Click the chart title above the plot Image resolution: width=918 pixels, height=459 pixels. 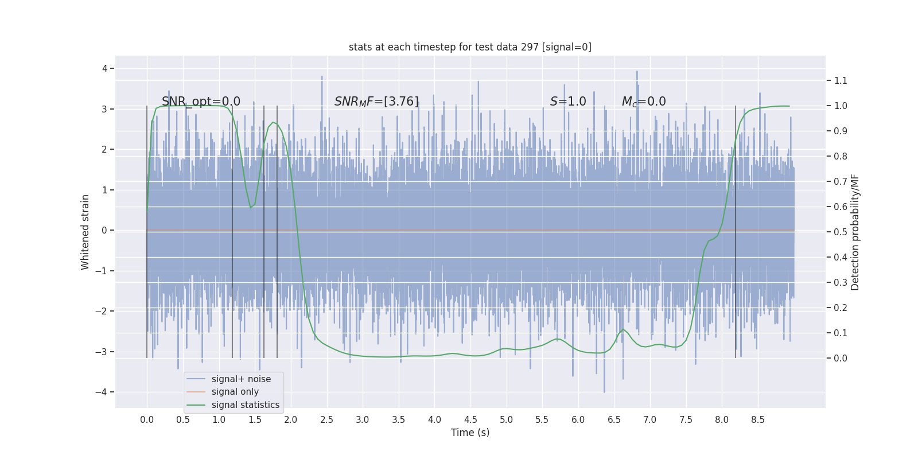pyautogui.click(x=470, y=47)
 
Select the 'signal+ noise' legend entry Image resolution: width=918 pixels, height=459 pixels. pyautogui.click(x=241, y=379)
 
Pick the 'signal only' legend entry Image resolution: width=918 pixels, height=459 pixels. pyautogui.click(x=235, y=392)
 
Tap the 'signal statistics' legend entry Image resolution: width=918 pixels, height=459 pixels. pyautogui.click(x=245, y=405)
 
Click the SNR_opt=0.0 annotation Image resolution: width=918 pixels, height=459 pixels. pyautogui.click(x=201, y=102)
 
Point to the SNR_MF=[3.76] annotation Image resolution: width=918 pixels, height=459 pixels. pyautogui.click(x=376, y=102)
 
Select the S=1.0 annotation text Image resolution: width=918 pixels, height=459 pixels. pyautogui.click(x=568, y=102)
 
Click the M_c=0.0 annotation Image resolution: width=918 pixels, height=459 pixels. pyautogui.click(x=644, y=102)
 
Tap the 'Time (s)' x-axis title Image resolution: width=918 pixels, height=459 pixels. pyautogui.click(x=470, y=433)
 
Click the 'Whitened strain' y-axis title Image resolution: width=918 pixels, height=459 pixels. pyautogui.click(x=85, y=232)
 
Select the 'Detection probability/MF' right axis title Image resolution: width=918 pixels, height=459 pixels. pyautogui.click(x=855, y=232)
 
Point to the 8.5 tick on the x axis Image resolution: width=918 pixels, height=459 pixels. pyautogui.click(x=757, y=420)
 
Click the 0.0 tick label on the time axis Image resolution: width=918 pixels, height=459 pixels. pyautogui.click(x=147, y=420)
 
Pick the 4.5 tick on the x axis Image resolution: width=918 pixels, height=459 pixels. pyautogui.click(x=470, y=420)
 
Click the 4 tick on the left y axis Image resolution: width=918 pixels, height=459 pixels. pyautogui.click(x=104, y=69)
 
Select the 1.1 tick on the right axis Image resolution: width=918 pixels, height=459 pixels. pyautogui.click(x=841, y=81)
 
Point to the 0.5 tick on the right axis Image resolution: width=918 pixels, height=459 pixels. pyautogui.click(x=841, y=232)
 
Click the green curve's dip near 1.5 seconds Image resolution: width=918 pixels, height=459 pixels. pyautogui.click(x=251, y=207)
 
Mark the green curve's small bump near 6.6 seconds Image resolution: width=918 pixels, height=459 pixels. pyautogui.click(x=623, y=329)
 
